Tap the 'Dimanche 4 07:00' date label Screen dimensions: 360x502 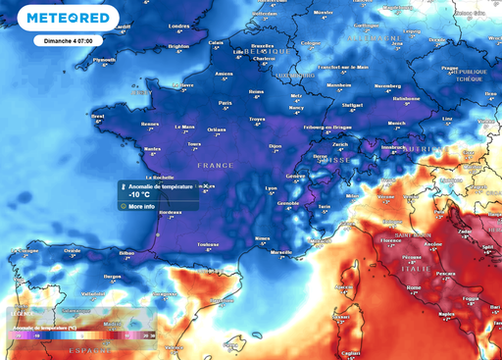(x=68, y=41)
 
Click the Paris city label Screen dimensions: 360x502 (x=225, y=102)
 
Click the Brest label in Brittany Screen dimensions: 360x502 (x=97, y=116)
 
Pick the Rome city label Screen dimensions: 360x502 (x=413, y=287)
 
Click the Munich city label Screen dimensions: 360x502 (x=396, y=124)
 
